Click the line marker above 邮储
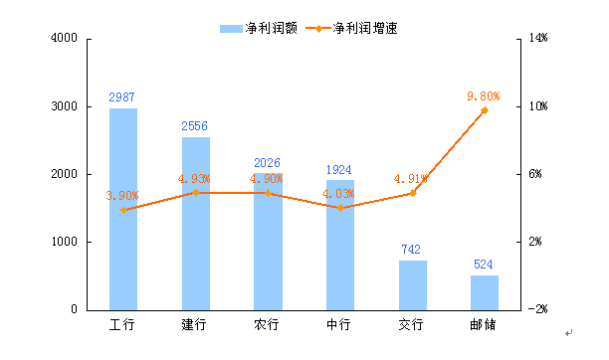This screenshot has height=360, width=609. [x=485, y=109]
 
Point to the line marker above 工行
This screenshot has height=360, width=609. [x=123, y=210]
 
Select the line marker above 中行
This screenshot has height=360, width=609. [x=340, y=208]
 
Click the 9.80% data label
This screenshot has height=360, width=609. [x=483, y=95]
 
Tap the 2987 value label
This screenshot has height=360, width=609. [x=122, y=97]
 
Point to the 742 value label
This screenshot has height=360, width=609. [x=412, y=250]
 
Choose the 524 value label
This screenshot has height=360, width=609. [x=484, y=265]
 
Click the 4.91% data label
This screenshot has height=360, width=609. [x=411, y=179]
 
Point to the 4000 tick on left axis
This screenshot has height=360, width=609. [x=64, y=39]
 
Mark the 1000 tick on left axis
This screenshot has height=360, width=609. [x=64, y=242]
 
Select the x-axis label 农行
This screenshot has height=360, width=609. [x=267, y=325]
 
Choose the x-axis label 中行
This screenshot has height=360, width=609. [x=339, y=325]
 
